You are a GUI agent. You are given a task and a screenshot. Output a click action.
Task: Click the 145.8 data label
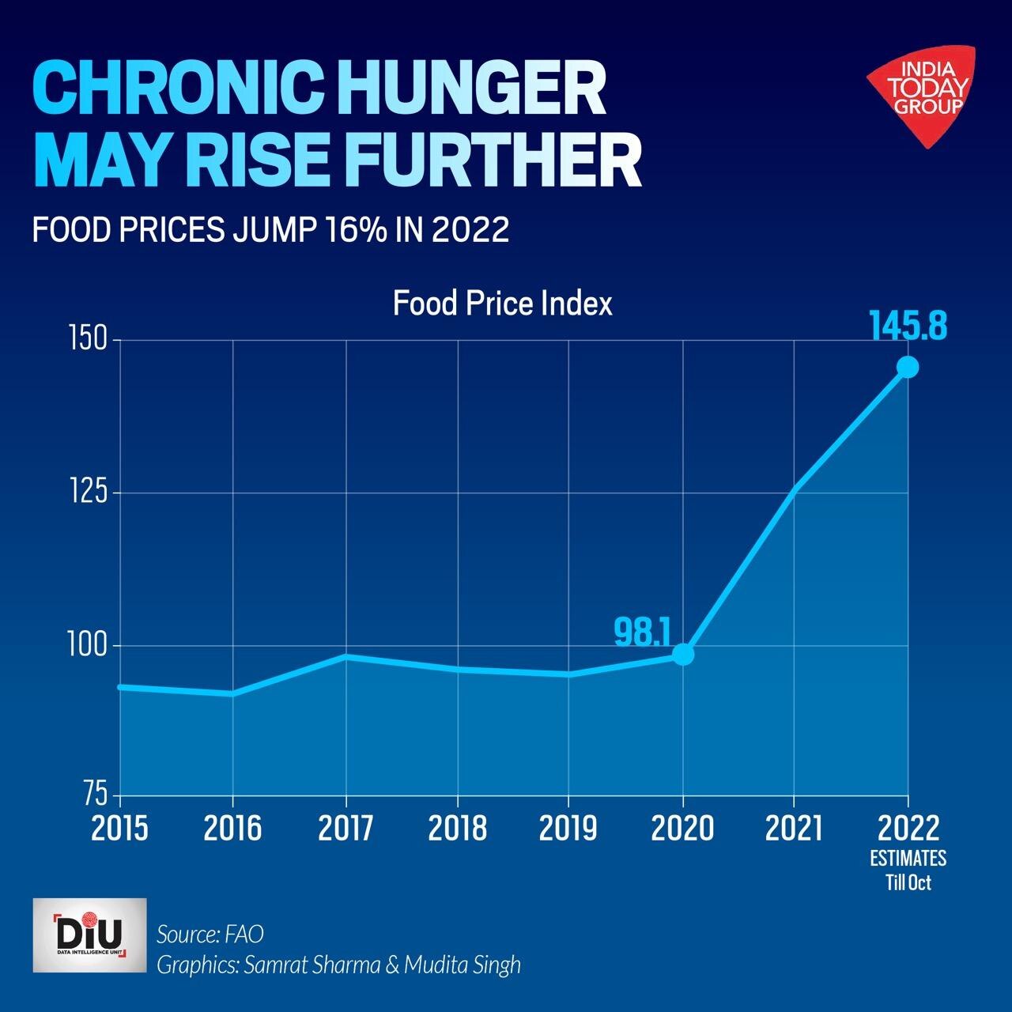(x=908, y=326)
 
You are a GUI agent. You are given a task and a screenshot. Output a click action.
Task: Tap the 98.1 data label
(x=642, y=631)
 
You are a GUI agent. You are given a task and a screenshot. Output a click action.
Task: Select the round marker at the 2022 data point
(x=908, y=367)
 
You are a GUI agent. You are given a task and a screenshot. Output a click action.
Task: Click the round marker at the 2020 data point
(x=683, y=655)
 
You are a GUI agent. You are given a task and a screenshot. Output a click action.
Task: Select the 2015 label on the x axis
(x=120, y=829)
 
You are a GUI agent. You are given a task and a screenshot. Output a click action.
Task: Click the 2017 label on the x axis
(x=346, y=829)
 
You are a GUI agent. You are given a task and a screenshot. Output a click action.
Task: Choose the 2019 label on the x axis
(x=568, y=829)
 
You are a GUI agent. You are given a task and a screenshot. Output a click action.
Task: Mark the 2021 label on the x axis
(x=794, y=829)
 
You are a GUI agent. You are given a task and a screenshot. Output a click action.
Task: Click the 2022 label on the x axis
(x=908, y=829)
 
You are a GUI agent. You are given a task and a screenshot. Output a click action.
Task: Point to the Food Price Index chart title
(x=503, y=304)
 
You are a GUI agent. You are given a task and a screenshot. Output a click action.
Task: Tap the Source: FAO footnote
(x=210, y=934)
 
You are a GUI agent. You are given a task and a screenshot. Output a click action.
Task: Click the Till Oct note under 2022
(x=908, y=882)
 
